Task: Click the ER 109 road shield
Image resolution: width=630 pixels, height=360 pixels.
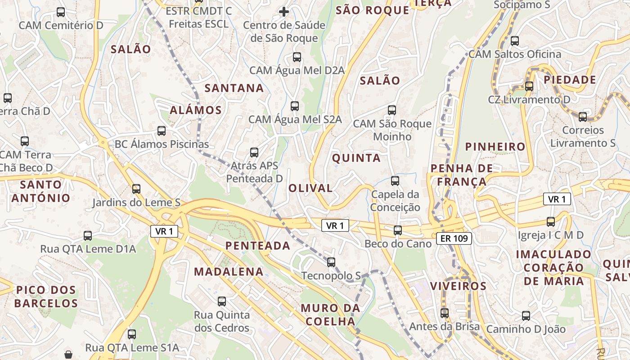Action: click(x=454, y=238)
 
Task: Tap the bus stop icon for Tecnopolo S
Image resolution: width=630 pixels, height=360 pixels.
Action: click(x=331, y=262)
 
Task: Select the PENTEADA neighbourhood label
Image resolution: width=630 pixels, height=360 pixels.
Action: click(x=257, y=246)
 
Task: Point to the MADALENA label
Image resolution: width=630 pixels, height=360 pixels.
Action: click(x=229, y=271)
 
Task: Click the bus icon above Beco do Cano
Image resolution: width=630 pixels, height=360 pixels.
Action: click(x=398, y=230)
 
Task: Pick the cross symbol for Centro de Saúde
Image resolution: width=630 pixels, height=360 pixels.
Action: click(x=284, y=11)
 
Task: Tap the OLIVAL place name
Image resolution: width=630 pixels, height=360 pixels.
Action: click(x=310, y=188)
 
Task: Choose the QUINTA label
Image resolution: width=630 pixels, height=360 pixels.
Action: click(x=356, y=158)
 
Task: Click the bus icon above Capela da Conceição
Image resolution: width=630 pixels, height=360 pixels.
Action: click(x=395, y=181)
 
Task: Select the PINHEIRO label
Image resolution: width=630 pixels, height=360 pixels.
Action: click(x=495, y=147)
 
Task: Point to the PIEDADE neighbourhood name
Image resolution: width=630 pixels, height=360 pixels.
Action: click(x=570, y=80)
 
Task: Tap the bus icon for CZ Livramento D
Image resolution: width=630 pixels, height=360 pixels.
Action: click(x=529, y=86)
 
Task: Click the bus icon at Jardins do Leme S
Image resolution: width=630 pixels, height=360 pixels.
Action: click(x=136, y=189)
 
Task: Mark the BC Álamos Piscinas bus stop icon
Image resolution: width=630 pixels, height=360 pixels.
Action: click(x=162, y=131)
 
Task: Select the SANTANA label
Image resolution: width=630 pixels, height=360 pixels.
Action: click(x=234, y=88)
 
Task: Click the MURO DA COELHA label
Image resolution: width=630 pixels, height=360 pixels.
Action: click(x=330, y=315)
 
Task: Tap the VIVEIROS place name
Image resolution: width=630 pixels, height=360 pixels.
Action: click(x=458, y=286)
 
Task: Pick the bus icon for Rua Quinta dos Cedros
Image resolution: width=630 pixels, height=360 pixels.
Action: click(x=222, y=301)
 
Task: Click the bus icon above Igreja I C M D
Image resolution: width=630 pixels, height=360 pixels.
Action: click(x=551, y=221)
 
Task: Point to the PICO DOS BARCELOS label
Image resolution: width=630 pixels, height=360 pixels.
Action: click(x=46, y=297)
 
